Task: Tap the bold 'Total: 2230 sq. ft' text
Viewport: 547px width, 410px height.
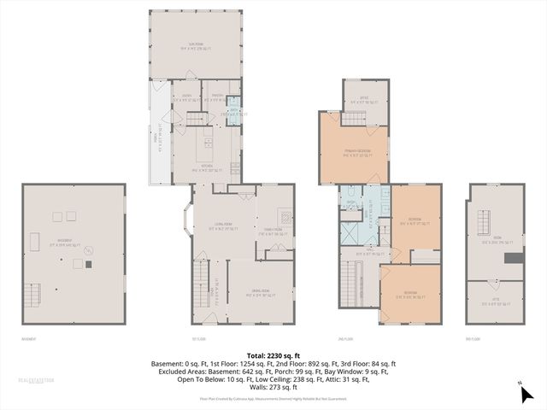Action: tap(273, 355)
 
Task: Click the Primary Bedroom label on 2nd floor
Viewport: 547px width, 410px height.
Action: tap(354, 153)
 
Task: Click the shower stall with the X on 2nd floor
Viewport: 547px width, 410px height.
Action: tap(351, 232)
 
